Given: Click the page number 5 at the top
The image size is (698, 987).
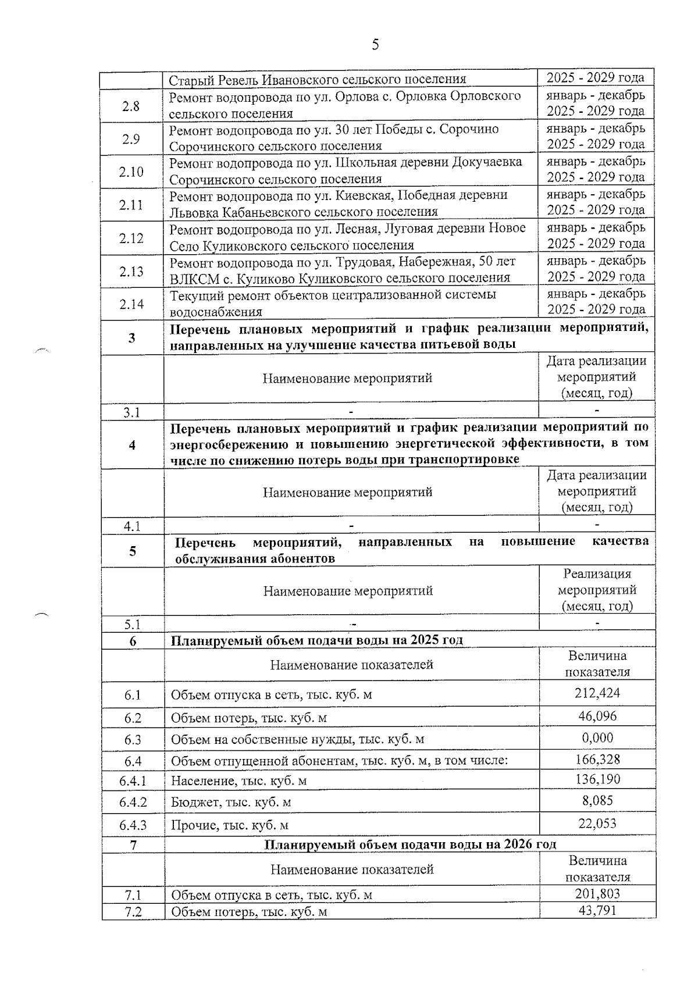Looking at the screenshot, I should (x=375, y=45).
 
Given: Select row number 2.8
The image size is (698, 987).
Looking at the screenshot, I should (x=131, y=106).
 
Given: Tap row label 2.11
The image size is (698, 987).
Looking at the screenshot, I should (x=131, y=205).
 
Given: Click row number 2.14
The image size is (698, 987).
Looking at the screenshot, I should (x=131, y=304).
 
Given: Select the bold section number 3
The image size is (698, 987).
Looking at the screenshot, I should (x=132, y=337).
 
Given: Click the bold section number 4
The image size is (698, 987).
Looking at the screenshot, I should (x=132, y=445).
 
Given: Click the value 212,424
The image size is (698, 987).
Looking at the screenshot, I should (x=597, y=693).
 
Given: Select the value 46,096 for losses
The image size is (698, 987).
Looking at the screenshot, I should (x=597, y=716).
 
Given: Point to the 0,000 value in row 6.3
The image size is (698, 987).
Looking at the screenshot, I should (x=597, y=738).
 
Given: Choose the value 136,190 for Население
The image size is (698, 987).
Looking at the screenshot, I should (x=597, y=779).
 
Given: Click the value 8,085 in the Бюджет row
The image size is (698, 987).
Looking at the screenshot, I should (x=597, y=801).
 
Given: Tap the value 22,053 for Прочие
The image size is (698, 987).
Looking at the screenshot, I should (x=597, y=824).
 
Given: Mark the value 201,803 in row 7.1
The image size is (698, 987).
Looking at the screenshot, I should (x=597, y=893).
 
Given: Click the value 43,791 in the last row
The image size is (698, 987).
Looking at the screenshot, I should (x=597, y=910).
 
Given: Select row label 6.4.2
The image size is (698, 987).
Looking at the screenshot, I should (x=133, y=802).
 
